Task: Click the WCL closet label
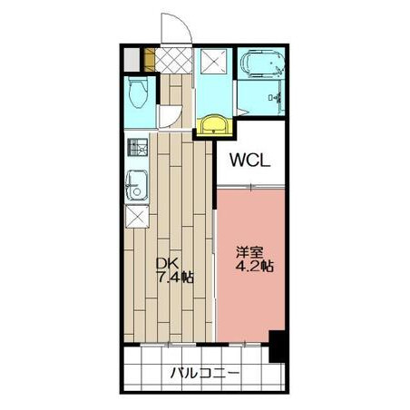249,160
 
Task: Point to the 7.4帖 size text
175,278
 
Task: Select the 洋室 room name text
249,252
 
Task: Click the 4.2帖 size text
255,267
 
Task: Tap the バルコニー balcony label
205,373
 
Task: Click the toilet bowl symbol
138,93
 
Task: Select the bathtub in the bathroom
262,63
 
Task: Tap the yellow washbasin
214,125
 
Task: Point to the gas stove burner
138,147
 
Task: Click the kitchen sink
137,185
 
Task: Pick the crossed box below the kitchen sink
137,217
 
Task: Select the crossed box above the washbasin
213,62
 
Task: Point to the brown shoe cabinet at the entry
150,60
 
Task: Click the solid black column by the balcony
277,347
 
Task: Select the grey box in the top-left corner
132,60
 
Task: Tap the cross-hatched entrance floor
174,60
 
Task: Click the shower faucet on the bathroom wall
276,97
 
